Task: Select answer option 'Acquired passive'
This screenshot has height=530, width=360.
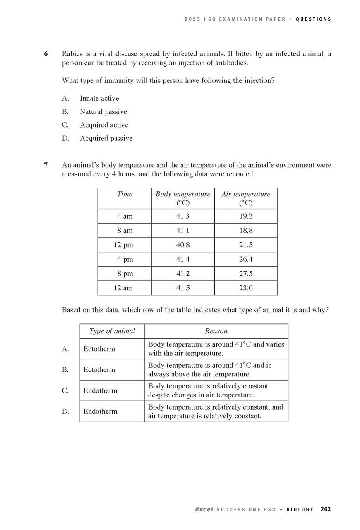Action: pos(106,138)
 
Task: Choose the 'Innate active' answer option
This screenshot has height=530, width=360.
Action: pos(99,98)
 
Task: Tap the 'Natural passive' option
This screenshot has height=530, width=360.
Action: pos(103,112)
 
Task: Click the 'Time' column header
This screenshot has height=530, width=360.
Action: pos(125,194)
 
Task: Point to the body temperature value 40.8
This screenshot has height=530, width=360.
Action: pos(183,245)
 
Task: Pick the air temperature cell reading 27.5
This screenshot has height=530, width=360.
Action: pos(246,274)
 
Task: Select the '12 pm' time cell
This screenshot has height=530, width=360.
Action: pos(123,245)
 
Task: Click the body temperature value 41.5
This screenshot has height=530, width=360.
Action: pos(183,288)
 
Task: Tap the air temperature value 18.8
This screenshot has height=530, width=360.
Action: pos(246,230)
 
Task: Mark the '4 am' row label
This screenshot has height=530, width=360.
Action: pos(125,216)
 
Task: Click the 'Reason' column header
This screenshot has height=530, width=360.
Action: pos(216,331)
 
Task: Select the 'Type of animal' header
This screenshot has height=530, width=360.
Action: pos(112,331)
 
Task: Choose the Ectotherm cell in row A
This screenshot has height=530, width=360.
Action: pos(99,349)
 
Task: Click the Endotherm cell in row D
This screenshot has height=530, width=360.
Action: pos(101,411)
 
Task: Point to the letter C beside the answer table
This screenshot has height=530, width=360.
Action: pos(65,390)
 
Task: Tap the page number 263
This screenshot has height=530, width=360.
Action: pos(326,509)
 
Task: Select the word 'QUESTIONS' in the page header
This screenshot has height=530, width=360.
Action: pos(314,19)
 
